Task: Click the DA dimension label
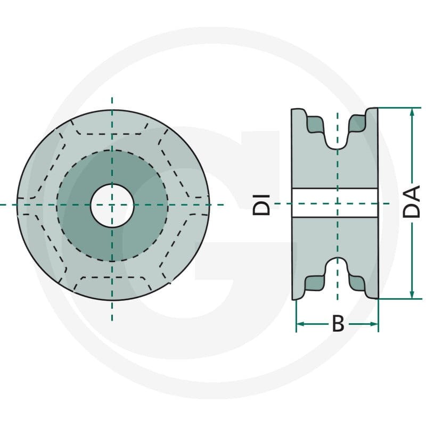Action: click(411, 201)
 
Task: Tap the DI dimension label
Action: click(261, 205)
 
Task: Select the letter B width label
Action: click(338, 324)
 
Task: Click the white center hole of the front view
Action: click(112, 206)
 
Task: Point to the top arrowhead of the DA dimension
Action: click(412, 112)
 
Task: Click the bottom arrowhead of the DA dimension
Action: click(412, 294)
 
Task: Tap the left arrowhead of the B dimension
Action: click(300, 324)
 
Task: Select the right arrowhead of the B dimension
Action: click(374, 324)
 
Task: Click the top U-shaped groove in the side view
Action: click(337, 136)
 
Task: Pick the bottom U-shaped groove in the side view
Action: click(337, 271)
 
